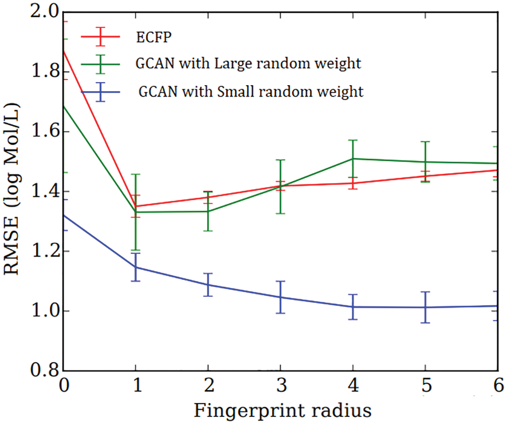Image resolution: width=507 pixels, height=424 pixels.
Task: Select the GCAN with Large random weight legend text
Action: [248, 64]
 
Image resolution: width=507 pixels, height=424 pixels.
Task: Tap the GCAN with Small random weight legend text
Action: [251, 92]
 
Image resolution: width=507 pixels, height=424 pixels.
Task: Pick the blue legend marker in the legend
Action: [100, 92]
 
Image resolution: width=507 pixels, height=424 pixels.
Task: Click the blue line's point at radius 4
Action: [353, 307]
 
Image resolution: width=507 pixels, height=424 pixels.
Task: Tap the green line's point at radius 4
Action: [353, 158]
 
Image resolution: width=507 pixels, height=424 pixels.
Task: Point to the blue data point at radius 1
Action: [136, 267]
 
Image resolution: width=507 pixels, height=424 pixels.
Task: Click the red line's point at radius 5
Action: [425, 176]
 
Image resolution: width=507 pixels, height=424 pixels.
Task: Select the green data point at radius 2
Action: [208, 211]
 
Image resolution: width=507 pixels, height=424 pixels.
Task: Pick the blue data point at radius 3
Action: [280, 297]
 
